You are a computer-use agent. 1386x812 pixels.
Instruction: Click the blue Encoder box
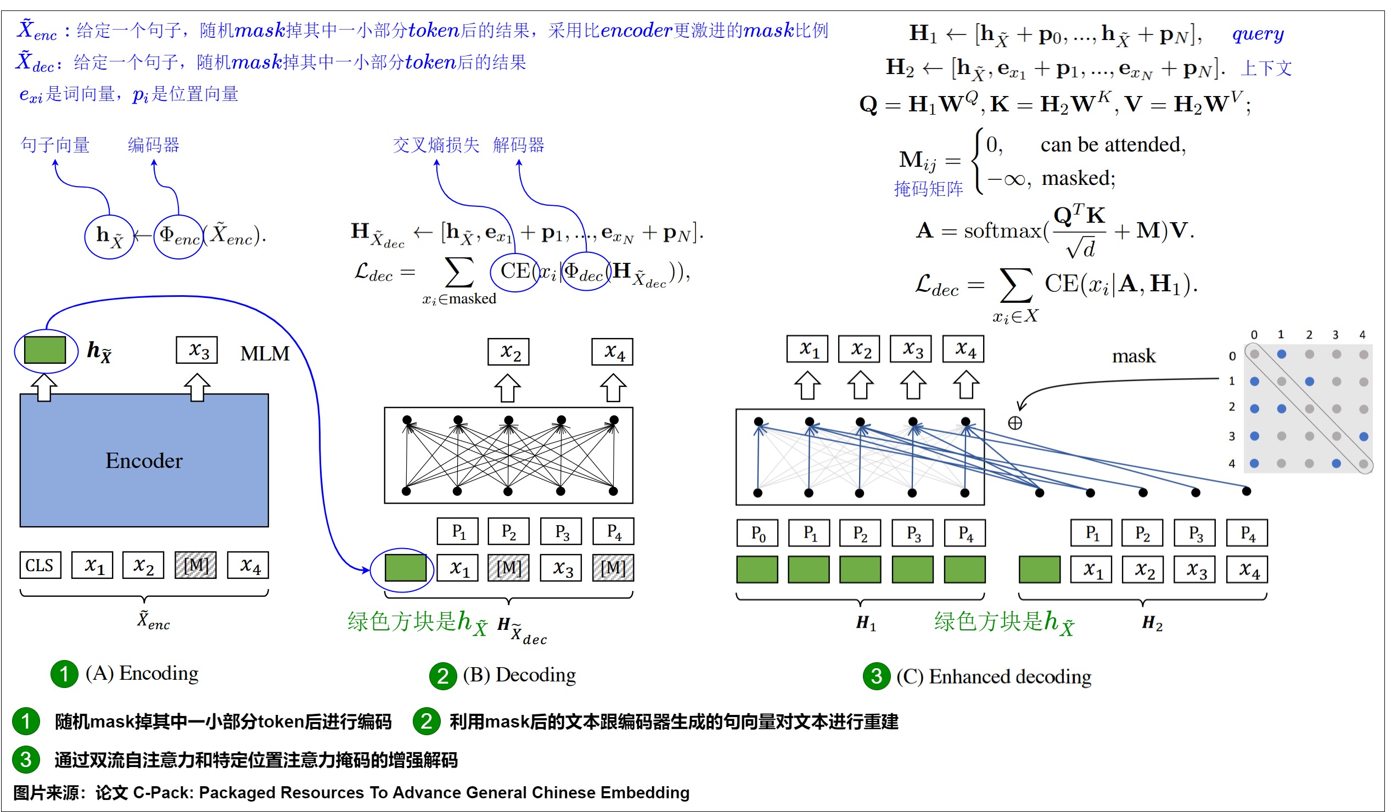[x=144, y=460]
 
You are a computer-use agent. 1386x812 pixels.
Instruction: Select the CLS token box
[x=40, y=565]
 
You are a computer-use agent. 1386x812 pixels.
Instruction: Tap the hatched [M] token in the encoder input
[x=196, y=565]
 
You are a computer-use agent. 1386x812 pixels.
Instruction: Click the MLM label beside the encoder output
[x=265, y=353]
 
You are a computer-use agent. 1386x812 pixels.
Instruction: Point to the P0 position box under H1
[x=757, y=533]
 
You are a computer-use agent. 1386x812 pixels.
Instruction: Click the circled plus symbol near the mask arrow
[x=1015, y=423]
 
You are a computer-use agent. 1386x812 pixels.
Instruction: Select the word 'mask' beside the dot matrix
[x=1134, y=356]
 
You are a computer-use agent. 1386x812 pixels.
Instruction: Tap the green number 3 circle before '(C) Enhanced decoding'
[x=877, y=675]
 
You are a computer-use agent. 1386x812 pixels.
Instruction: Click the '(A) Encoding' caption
[x=142, y=673]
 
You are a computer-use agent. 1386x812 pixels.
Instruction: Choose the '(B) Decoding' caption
[x=519, y=674]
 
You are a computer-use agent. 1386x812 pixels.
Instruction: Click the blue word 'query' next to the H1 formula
[x=1258, y=34]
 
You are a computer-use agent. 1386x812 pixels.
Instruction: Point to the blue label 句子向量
[x=55, y=145]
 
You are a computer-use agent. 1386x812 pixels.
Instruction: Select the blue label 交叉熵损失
[x=436, y=145]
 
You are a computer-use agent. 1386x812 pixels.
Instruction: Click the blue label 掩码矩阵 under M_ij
[x=928, y=189]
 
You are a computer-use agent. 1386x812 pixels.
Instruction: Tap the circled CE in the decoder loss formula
[x=515, y=271]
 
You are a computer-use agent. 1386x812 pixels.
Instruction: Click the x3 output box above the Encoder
[x=197, y=350]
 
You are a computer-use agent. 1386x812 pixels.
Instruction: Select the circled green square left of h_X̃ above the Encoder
[x=45, y=350]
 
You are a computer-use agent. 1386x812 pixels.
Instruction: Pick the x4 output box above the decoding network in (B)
[x=612, y=352]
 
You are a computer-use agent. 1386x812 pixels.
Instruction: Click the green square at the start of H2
[x=1039, y=569]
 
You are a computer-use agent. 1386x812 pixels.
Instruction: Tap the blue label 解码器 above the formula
[x=518, y=145]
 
